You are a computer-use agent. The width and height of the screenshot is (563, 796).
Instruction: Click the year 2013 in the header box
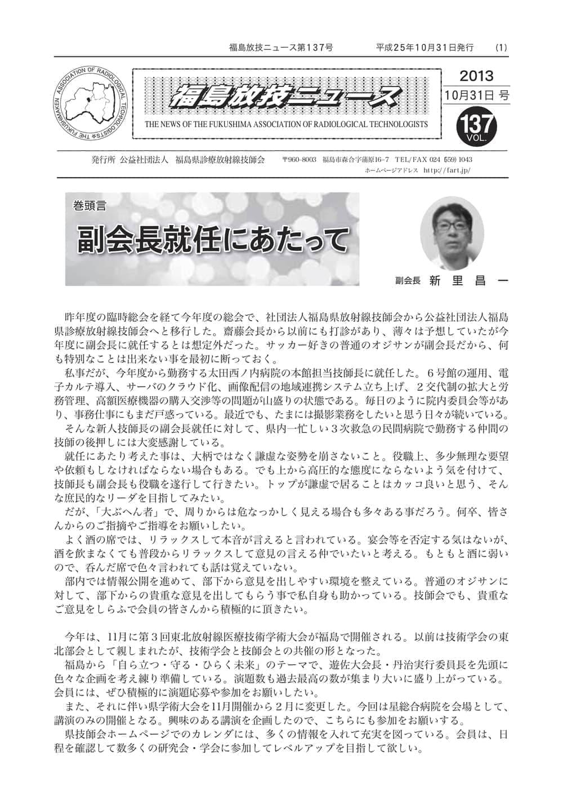476,76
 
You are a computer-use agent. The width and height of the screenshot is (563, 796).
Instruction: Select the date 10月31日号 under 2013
476,96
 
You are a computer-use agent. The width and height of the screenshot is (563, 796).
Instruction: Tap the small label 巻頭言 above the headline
90,206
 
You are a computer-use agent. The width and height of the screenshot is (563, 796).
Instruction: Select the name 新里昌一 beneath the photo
464,281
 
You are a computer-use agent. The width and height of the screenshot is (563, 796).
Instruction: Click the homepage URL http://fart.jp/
446,169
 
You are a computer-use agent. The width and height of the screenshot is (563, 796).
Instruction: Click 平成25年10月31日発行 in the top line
425,48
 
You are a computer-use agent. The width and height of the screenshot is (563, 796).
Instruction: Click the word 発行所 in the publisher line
103,160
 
